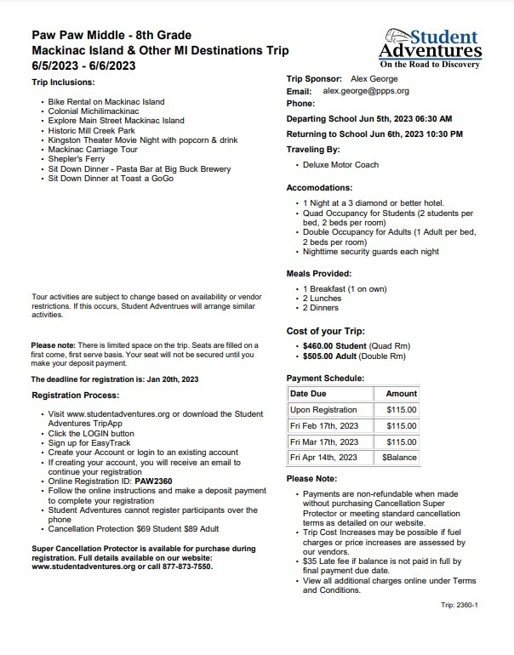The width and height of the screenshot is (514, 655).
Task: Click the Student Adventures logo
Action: point(431,48)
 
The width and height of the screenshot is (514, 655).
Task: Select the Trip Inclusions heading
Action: point(64,83)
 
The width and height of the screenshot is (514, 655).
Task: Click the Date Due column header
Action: point(311,394)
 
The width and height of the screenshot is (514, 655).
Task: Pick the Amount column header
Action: point(402,394)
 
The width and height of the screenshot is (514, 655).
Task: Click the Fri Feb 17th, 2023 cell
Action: point(324,425)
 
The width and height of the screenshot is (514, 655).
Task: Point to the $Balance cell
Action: point(399,458)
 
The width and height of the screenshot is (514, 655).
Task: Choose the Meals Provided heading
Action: point(318,273)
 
